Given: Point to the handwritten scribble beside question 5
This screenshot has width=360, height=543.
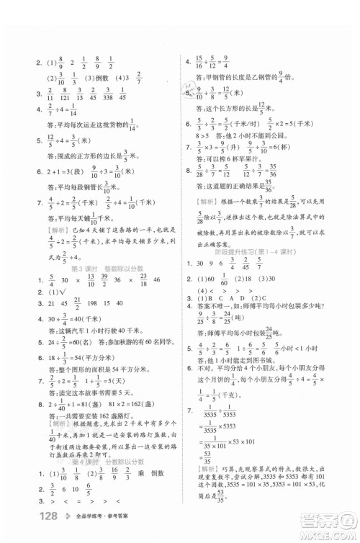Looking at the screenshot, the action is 189,89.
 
